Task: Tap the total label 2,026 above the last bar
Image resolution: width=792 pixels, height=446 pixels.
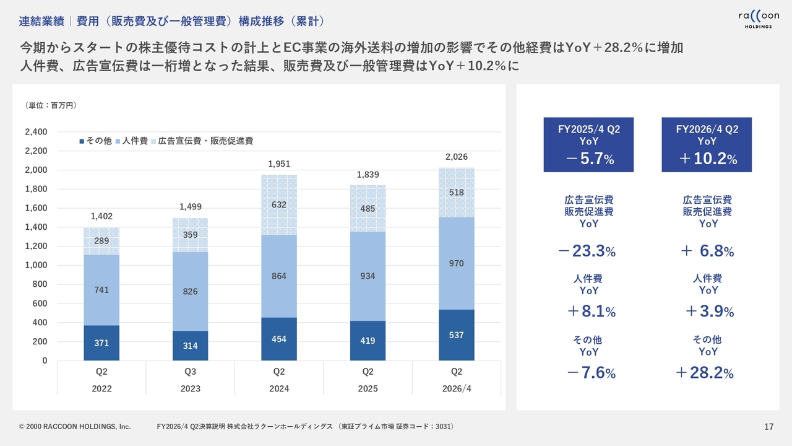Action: [457, 157]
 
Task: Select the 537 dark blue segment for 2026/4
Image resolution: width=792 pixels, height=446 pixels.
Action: [457, 335]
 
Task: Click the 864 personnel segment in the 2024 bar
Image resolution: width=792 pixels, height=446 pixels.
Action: [279, 276]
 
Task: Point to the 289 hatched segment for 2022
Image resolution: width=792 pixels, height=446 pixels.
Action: [101, 241]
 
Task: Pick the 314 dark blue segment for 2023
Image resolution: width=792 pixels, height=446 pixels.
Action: [191, 346]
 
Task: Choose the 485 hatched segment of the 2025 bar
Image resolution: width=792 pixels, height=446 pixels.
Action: [368, 209]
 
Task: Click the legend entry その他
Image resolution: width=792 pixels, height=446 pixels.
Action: [96, 141]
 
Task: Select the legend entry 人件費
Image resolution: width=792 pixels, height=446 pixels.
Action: [131, 141]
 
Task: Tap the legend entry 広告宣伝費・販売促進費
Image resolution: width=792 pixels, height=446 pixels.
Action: [202, 141]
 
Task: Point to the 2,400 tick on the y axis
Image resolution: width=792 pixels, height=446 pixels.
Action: [36, 132]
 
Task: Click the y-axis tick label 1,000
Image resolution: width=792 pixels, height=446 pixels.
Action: [36, 265]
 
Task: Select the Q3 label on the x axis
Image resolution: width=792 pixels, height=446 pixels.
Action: [191, 372]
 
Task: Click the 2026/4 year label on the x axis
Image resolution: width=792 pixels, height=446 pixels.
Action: [457, 389]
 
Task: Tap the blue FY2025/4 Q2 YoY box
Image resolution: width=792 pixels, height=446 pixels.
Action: [588, 144]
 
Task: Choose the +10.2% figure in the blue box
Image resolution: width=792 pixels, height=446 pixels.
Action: [708, 159]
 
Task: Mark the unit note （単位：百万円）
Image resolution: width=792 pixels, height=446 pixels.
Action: [51, 106]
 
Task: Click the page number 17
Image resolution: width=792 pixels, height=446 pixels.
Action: [769, 427]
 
